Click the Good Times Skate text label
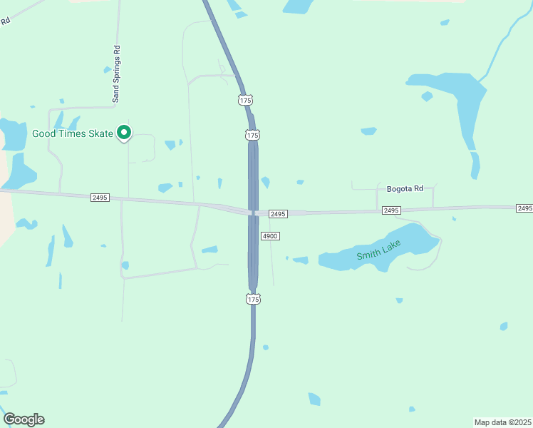click(73, 133)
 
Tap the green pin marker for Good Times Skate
click(124, 132)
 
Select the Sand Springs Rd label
click(117, 74)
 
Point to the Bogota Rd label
click(405, 189)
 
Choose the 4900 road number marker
click(270, 236)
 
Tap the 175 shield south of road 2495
click(253, 300)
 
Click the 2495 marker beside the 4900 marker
click(278, 214)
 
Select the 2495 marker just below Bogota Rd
click(391, 210)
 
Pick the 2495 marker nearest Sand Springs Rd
click(100, 197)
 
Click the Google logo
click(24, 419)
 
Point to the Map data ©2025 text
click(502, 422)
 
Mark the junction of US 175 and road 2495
click(253, 212)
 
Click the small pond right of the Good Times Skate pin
click(170, 145)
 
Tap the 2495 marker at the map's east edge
click(524, 208)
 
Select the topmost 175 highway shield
click(245, 101)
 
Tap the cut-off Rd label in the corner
click(5, 21)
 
